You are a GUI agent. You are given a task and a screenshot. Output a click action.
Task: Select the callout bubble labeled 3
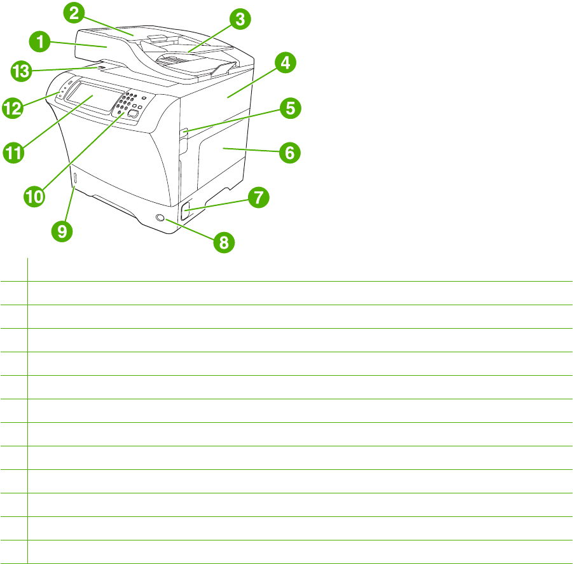tap(239, 20)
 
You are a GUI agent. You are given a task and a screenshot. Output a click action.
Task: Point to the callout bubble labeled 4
tap(286, 63)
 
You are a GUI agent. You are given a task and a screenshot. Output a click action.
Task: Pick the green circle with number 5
tap(289, 108)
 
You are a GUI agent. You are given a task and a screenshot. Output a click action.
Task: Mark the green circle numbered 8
tap(224, 242)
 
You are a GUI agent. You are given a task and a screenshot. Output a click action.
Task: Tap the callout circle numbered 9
tap(62, 231)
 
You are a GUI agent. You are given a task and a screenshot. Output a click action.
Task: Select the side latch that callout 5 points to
tap(185, 133)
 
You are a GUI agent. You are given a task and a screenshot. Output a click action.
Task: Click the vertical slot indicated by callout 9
tap(74, 180)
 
